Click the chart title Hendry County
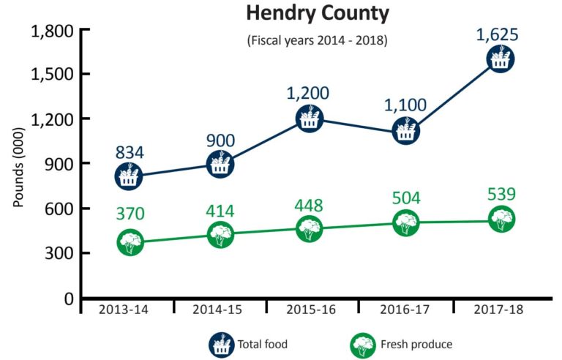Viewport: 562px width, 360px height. point(317,14)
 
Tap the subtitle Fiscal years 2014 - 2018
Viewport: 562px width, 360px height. point(317,40)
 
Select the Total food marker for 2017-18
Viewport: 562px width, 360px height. point(501,59)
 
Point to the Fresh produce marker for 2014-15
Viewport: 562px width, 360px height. point(220,235)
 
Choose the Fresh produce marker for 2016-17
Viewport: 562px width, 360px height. point(406,222)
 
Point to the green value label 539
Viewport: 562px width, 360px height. point(501,195)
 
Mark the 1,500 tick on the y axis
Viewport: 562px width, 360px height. point(51,74)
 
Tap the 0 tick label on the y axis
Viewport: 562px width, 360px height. point(67,299)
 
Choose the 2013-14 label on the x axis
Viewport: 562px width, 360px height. point(125,310)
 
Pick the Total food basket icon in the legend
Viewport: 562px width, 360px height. point(220,344)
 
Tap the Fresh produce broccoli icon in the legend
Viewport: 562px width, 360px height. point(364,344)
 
